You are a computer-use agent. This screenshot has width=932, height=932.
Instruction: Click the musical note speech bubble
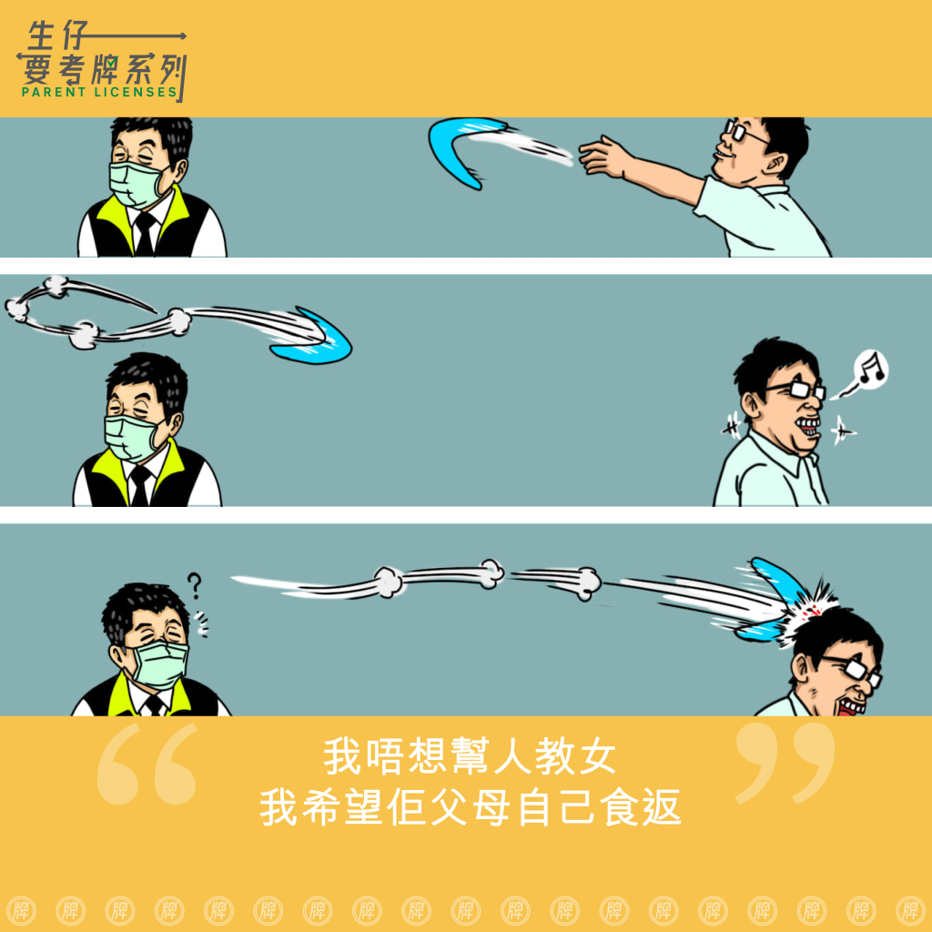868,370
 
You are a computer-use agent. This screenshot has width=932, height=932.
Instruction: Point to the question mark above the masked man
195,585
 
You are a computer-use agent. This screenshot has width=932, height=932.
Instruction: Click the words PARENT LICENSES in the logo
99,92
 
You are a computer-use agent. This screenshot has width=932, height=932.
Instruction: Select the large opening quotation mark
147,764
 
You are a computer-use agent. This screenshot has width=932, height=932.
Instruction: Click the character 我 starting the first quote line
342,756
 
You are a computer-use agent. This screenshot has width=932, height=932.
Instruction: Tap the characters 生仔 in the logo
57,35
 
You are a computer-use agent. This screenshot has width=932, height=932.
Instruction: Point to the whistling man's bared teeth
808,426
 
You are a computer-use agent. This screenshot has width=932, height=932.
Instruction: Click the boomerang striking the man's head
773,601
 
